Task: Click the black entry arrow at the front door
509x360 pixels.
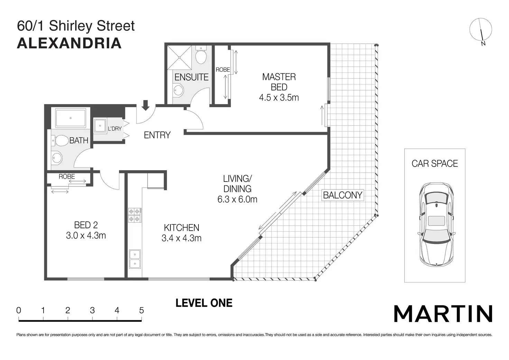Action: [146, 105]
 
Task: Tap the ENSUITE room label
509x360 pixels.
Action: [191, 77]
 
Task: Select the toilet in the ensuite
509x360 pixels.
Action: [201, 55]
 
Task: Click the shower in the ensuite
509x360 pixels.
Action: [179, 57]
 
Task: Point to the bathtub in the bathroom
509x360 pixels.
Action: [71, 118]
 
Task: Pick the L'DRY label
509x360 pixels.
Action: [115, 129]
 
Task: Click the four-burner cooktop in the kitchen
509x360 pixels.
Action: [135, 215]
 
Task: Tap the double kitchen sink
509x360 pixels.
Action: [135, 259]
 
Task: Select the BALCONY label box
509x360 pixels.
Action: [343, 195]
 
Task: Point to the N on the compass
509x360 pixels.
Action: [483, 44]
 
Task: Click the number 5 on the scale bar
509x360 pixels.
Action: [141, 311]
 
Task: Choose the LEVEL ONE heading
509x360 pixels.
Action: [204, 303]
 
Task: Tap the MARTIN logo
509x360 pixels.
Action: [443, 314]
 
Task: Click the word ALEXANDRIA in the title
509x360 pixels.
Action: [69, 43]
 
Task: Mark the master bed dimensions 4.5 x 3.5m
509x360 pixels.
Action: [279, 98]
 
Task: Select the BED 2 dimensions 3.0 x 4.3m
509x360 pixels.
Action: [86, 236]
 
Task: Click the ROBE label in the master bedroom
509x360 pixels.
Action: [223, 70]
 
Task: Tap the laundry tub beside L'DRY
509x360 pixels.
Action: [100, 126]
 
